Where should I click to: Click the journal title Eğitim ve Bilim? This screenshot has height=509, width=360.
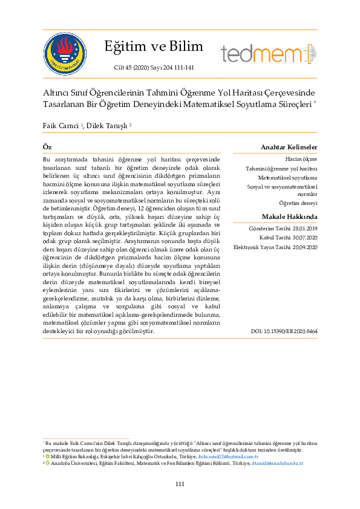click(154, 47)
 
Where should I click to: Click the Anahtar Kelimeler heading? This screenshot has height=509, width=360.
click(289, 148)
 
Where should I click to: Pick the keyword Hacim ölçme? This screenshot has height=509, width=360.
click(301, 158)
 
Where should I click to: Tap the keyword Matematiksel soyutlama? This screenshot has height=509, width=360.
click(287, 178)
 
